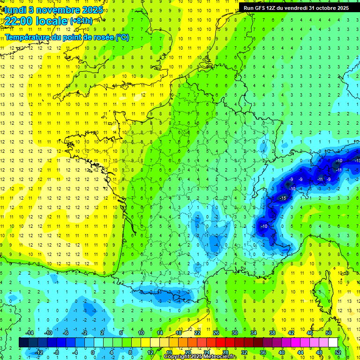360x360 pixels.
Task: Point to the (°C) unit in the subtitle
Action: [x=122, y=37]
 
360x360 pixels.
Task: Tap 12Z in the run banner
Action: [x=276, y=8]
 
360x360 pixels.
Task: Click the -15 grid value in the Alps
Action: [x=282, y=198]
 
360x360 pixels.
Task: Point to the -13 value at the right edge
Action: [x=357, y=161]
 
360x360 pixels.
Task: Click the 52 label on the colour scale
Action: [x=338, y=352]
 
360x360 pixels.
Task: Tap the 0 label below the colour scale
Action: [x=92, y=352]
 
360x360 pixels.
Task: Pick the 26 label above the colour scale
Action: [x=216, y=333]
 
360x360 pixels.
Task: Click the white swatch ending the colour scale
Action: [x=333, y=343]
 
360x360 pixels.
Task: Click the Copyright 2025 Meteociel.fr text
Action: [x=200, y=357]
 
